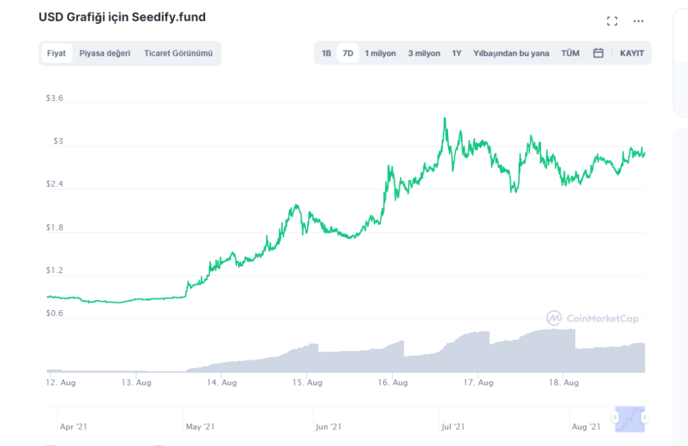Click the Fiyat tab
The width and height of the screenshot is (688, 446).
(x=56, y=53)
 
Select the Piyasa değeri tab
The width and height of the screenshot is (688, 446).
(x=105, y=53)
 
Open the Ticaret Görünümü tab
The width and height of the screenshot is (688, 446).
(x=178, y=53)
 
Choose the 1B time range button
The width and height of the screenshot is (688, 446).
(x=326, y=53)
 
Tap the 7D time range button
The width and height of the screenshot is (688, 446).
(x=348, y=53)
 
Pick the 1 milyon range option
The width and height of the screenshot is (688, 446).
(x=380, y=53)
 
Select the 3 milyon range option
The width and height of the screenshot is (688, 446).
(x=424, y=53)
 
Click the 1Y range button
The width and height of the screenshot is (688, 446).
(x=457, y=53)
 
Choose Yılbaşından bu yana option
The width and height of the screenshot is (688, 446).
(x=511, y=53)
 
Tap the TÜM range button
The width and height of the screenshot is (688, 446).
(x=570, y=53)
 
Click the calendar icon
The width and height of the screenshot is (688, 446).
(x=598, y=53)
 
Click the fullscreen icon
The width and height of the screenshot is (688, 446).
(x=612, y=22)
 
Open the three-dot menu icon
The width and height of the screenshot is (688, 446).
(x=638, y=22)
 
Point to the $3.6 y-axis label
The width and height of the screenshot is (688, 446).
(x=54, y=98)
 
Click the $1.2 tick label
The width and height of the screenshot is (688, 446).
(x=54, y=270)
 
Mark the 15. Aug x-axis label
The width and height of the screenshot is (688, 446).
(x=307, y=383)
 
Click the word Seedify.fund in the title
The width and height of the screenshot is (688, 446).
(x=168, y=17)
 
